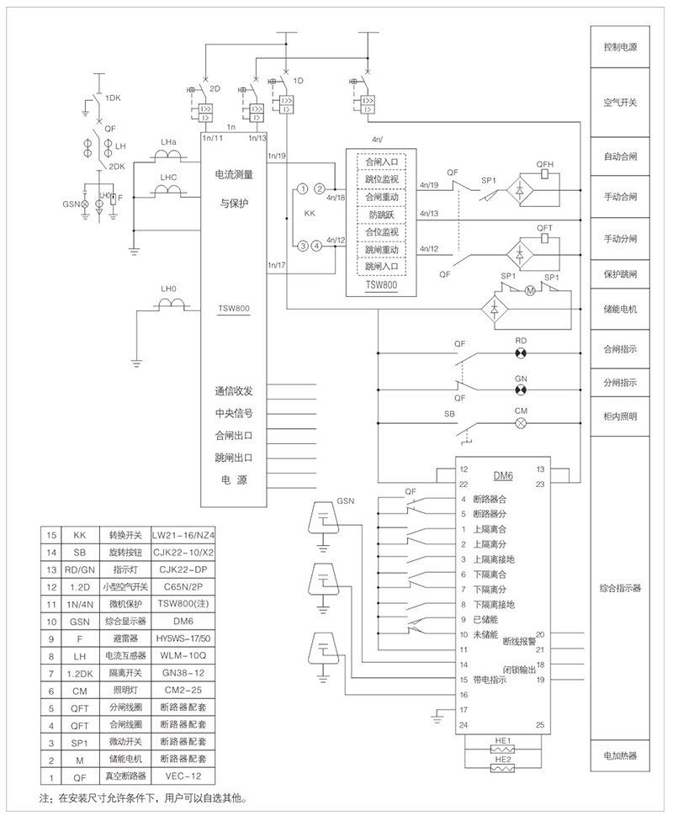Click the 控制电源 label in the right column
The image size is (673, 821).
(x=620, y=48)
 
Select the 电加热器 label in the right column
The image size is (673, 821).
(x=620, y=755)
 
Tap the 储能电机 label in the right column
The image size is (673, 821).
(x=620, y=309)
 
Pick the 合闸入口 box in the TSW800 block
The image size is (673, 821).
(x=381, y=161)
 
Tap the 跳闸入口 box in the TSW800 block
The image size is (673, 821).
(x=381, y=267)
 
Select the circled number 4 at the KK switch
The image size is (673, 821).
(x=316, y=246)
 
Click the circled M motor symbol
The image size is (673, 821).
(x=530, y=291)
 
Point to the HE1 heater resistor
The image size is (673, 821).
(x=503, y=745)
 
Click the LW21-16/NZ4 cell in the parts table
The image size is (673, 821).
(x=183, y=535)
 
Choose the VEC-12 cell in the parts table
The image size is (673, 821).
(x=183, y=776)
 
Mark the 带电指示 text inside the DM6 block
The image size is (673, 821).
(x=491, y=679)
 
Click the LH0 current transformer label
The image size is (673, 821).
(x=168, y=289)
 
